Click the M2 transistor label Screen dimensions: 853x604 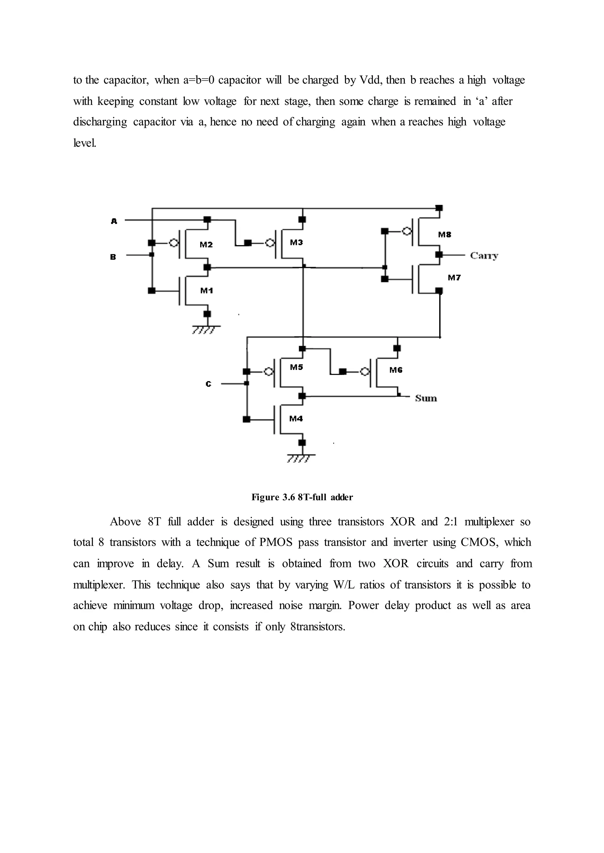[x=206, y=245]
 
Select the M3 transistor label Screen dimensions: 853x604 [x=296, y=243]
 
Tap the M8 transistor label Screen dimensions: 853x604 [x=444, y=234]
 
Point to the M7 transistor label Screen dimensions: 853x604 [x=454, y=277]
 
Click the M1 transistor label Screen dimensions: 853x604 [x=206, y=290]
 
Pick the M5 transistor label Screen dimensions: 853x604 [x=296, y=367]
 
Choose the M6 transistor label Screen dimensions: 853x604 [x=396, y=370]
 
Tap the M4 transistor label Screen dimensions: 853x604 [x=296, y=419]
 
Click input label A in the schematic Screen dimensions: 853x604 [x=114, y=221]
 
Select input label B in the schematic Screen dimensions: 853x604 [x=113, y=257]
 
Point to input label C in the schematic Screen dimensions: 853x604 [x=208, y=384]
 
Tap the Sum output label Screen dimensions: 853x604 [x=426, y=399]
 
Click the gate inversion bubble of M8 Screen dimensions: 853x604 [x=407, y=232]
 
